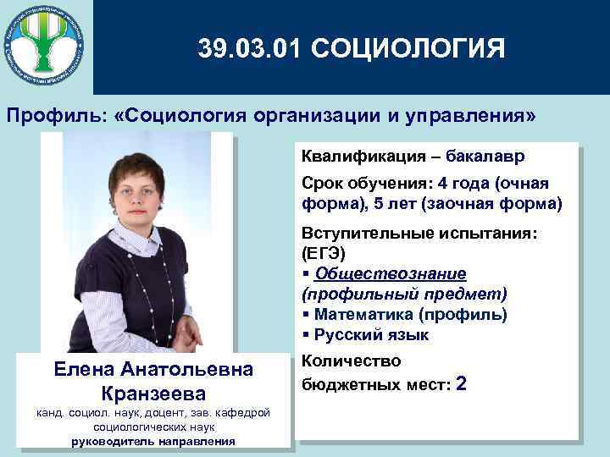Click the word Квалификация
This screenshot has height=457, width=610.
point(353,157)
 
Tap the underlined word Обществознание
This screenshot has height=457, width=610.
point(391,273)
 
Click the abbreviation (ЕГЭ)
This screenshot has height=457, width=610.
point(324,253)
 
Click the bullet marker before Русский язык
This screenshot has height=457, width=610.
point(306,335)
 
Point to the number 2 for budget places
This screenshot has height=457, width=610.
point(461,383)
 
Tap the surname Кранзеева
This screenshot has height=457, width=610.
point(152,394)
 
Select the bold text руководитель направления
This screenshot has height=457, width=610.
point(152,441)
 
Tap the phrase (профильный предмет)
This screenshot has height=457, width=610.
point(404,295)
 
